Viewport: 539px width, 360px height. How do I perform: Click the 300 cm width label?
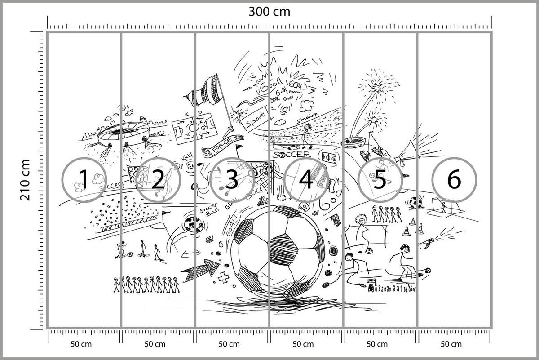269,12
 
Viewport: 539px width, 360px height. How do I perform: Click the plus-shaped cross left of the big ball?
223,278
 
